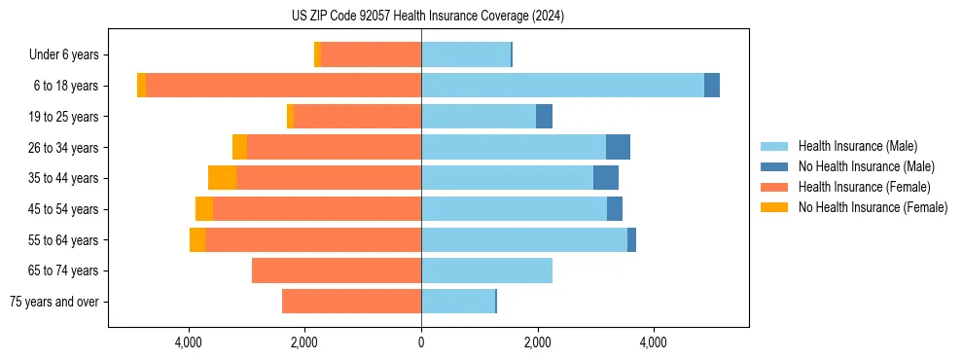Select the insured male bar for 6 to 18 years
562,86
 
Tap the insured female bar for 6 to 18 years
283,86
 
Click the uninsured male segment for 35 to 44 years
606,178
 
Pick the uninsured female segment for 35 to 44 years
222,178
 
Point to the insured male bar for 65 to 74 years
486,270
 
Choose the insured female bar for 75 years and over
351,302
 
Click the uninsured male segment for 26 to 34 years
618,147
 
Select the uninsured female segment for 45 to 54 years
204,209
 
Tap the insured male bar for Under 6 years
466,54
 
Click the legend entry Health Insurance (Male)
857,146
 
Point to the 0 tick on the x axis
421,342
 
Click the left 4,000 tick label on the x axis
189,342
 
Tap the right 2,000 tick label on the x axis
537,342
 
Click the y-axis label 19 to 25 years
63,117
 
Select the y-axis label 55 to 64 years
63,240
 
